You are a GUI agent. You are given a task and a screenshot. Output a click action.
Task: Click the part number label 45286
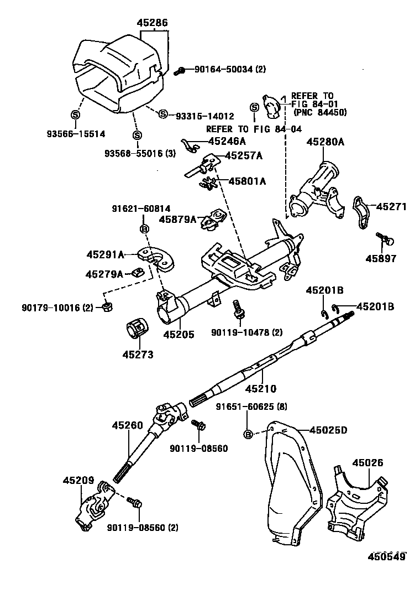152,23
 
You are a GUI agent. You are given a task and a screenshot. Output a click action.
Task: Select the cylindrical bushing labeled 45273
136,330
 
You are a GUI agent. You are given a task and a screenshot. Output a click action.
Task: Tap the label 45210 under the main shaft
260,389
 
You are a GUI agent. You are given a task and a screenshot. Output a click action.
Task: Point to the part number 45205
179,335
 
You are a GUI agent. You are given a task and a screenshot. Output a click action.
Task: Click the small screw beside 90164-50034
180,70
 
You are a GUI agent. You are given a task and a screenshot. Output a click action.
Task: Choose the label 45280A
326,142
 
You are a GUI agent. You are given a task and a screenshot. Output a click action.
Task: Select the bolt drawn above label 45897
385,239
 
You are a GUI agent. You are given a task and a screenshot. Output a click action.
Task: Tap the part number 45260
127,425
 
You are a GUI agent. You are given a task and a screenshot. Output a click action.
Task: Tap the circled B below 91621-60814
143,229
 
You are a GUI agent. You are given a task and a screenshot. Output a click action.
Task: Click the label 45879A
178,219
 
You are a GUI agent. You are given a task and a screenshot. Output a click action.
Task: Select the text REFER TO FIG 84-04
254,129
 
